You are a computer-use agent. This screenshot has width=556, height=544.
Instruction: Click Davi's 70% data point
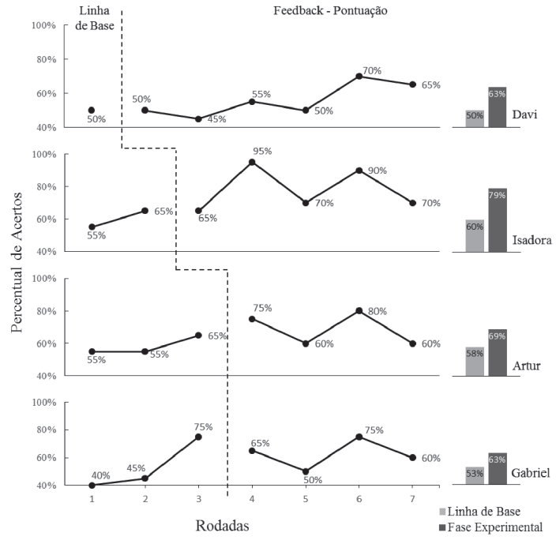tap(359, 76)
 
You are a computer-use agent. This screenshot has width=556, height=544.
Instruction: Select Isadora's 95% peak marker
tap(251, 162)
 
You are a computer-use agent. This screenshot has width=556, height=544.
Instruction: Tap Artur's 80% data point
tap(359, 310)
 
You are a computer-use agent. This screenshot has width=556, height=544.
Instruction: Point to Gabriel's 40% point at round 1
tap(92, 486)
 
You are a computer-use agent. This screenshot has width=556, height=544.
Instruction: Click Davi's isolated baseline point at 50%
tap(92, 111)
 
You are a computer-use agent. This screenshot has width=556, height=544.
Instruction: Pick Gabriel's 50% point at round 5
tap(305, 471)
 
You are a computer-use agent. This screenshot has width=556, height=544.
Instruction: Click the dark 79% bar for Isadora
tap(497, 220)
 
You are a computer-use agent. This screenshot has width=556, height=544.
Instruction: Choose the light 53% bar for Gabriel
tap(475, 476)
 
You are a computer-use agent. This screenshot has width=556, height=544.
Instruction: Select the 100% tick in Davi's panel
tap(43, 25)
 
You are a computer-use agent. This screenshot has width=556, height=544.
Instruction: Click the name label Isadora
tap(532, 240)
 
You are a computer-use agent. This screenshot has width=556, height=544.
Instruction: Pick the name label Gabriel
tap(530, 473)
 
